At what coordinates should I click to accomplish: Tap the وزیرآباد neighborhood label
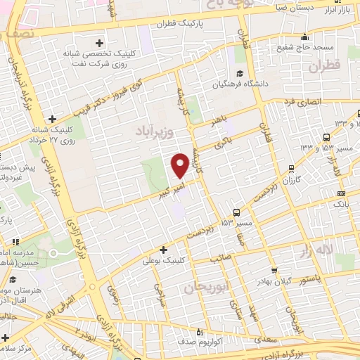tap(153, 131)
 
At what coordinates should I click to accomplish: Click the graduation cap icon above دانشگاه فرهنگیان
tap(240, 73)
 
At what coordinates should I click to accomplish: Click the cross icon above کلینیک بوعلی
tap(164, 249)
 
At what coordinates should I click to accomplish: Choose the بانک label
tap(341, 203)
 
